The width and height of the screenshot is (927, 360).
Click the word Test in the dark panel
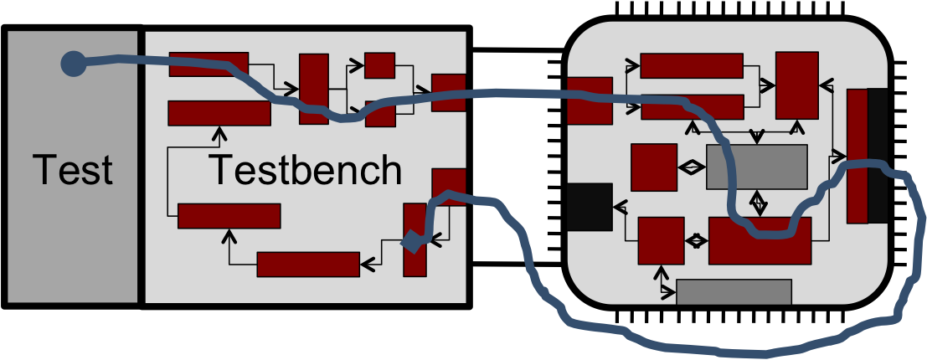coord(72,170)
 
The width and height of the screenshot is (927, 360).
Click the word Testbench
coord(306,170)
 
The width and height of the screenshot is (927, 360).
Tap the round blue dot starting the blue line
coord(74,63)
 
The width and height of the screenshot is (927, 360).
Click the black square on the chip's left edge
coord(590,206)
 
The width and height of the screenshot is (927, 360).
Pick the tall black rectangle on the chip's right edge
coord(878,156)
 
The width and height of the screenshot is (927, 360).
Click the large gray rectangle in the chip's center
coord(757,167)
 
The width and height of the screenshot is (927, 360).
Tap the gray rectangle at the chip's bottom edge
coord(734,292)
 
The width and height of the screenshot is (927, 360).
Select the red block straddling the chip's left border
coord(590,100)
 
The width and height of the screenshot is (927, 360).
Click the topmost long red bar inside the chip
coord(692,65)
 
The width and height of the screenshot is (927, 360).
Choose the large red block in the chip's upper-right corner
coord(797,85)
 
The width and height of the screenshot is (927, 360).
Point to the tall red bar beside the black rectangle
coord(857,156)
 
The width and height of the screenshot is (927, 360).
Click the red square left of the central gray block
coord(654,167)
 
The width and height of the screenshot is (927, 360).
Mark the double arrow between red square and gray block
coord(692,167)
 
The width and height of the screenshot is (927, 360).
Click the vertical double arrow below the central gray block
coord(758,203)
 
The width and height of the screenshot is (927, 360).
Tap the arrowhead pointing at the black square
coord(621,207)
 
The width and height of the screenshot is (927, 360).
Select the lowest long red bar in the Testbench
coord(308,265)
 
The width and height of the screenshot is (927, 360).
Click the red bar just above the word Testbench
coord(219,113)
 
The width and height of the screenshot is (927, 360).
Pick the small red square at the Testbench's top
coord(379,65)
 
